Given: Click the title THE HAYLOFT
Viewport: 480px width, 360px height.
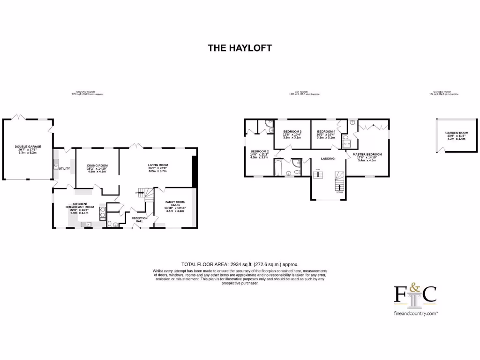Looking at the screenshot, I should (x=240, y=48).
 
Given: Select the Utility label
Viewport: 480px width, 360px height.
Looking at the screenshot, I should (x=64, y=168).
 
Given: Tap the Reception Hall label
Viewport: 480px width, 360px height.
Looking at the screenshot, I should (x=139, y=219).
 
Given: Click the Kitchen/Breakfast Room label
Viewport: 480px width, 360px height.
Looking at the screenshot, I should (x=80, y=207).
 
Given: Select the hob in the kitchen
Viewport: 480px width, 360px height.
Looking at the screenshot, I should (x=102, y=213).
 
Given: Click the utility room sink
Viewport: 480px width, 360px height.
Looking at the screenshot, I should (x=56, y=165).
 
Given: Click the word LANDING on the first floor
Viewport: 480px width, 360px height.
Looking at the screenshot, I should (x=328, y=159).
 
